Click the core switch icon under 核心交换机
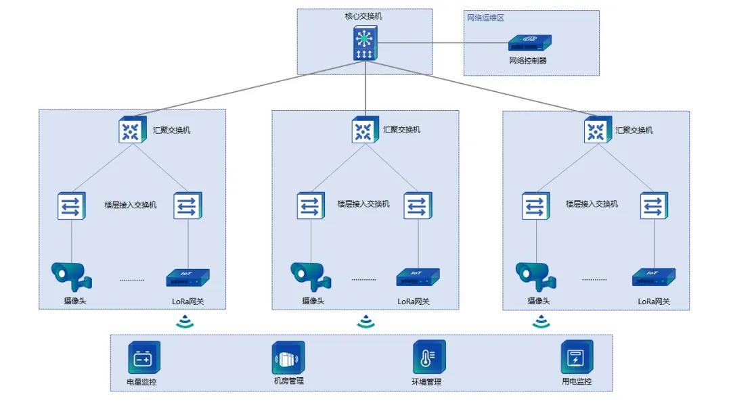tap(365, 44)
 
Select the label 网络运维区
tap(485, 18)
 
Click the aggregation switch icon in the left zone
tap(131, 130)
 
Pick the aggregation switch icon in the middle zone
tap(364, 130)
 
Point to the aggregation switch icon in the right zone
tap(597, 130)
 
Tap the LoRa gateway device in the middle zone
tap(418, 277)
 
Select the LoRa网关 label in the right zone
tap(653, 301)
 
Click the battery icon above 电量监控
tap(144, 358)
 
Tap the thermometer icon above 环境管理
tap(429, 357)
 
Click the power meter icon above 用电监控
tap(576, 357)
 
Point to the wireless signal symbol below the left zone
tap(185, 322)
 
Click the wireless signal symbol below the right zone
tap(541, 322)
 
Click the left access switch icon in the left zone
tap(72, 206)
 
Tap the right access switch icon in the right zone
tap(655, 205)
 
